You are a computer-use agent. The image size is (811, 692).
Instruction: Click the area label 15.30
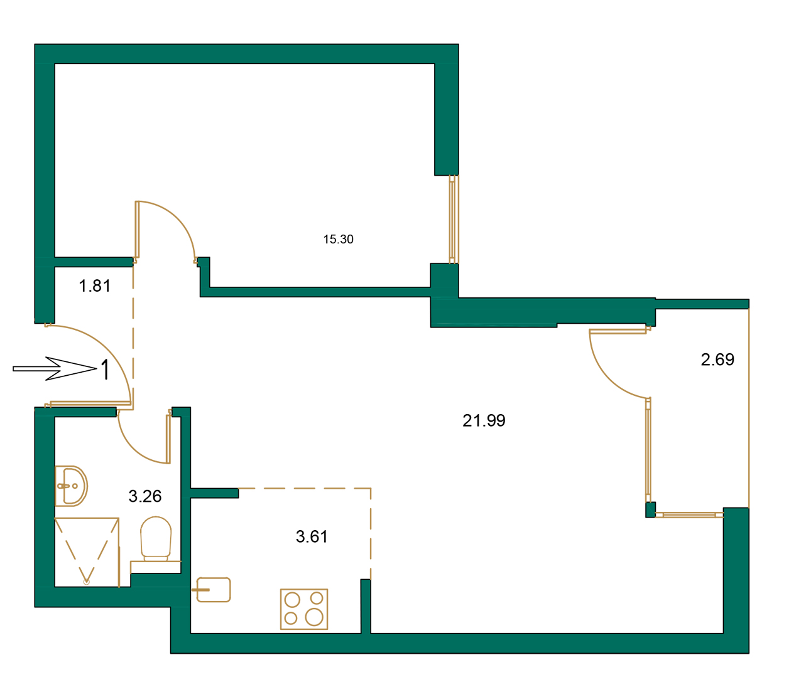338,239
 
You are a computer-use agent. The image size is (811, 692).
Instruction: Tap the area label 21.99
484,420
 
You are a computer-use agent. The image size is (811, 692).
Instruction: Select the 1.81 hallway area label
95,286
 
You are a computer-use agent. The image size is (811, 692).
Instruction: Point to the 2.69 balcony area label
717,359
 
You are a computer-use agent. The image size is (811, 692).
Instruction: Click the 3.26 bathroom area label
145,496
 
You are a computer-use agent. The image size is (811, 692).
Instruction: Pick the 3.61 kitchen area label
312,536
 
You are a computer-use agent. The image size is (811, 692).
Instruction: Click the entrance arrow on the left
53,368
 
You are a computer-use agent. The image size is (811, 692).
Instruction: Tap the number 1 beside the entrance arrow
106,370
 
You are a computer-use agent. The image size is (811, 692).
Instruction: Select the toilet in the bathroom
156,538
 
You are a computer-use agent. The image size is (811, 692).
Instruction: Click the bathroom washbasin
70,486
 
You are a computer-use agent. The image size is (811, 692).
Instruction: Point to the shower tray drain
87,582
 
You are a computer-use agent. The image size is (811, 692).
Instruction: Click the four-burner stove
304,609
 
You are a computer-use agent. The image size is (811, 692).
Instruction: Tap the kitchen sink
214,590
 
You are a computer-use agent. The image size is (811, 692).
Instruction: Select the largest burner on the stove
314,617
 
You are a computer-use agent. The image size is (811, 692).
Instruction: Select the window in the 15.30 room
452,219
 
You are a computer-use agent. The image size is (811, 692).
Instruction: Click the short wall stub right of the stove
366,605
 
